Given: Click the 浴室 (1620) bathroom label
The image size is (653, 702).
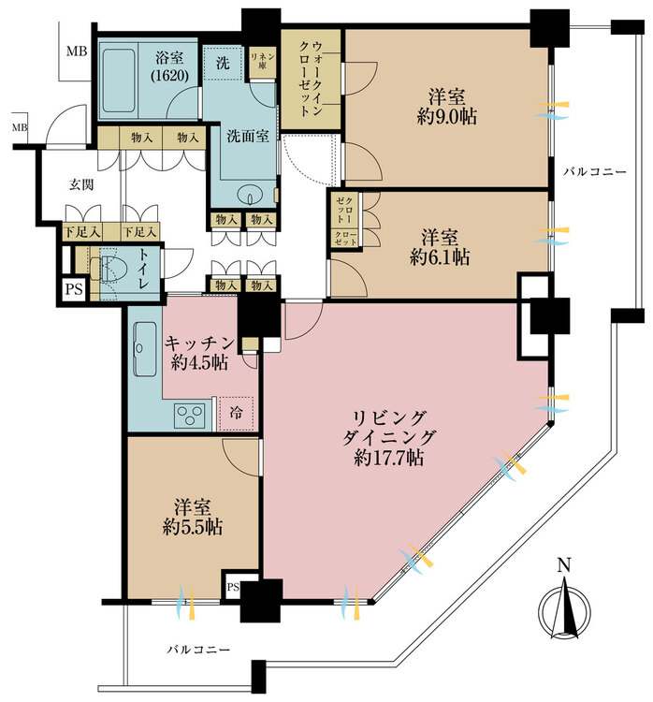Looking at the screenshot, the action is (x=169, y=66).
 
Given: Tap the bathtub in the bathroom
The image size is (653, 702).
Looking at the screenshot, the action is (x=119, y=80).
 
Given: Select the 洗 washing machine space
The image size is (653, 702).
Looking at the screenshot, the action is (x=223, y=63).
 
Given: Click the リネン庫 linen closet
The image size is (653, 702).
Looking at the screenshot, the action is (x=262, y=62).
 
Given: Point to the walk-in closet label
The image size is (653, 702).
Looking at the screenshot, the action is (x=311, y=79).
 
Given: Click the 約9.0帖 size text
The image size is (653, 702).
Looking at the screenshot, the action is (x=446, y=117).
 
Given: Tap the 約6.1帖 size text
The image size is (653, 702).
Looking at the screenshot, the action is (x=440, y=257).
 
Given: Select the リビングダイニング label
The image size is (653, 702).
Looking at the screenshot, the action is (x=388, y=427).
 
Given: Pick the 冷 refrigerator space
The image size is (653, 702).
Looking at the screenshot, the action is (x=236, y=413).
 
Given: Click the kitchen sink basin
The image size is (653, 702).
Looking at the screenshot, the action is (x=145, y=349).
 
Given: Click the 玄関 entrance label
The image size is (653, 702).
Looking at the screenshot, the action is (x=81, y=184).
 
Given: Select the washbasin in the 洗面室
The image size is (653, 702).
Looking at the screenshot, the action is (x=250, y=195).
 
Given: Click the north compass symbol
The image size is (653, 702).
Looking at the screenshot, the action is (x=564, y=608).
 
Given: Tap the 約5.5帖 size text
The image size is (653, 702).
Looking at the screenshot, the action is (x=193, y=527).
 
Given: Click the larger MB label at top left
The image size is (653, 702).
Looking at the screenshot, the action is (x=77, y=51).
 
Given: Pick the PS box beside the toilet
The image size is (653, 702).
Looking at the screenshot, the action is (x=74, y=289).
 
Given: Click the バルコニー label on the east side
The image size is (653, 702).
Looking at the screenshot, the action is (x=595, y=171).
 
